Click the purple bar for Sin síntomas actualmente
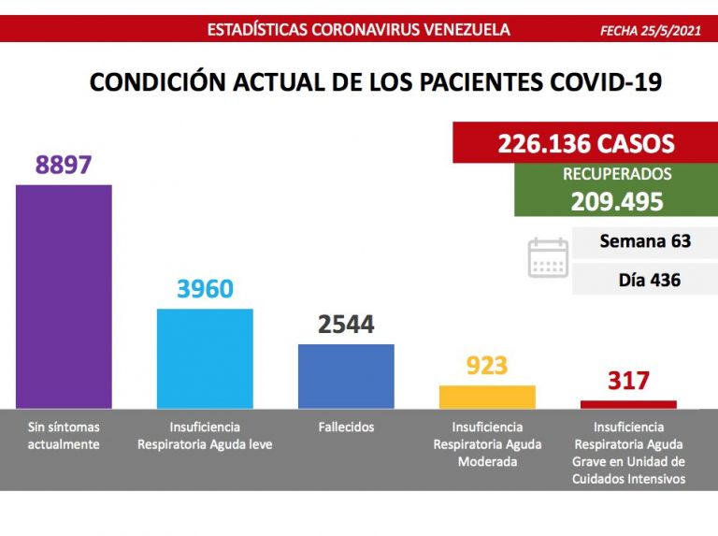point(65,296)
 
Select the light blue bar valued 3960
point(205,357)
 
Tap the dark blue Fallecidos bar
point(346,375)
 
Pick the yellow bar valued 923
point(487,397)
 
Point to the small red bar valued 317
point(627,404)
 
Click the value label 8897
point(64,165)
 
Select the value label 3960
point(205,289)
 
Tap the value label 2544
point(346,325)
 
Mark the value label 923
point(486,366)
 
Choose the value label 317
point(627,382)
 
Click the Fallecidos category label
point(346,427)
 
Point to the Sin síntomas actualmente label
point(64,436)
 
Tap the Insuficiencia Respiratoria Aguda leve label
point(205,436)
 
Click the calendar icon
point(548,257)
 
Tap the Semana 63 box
point(645,241)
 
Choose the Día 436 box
point(649,280)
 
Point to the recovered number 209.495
point(618,202)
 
